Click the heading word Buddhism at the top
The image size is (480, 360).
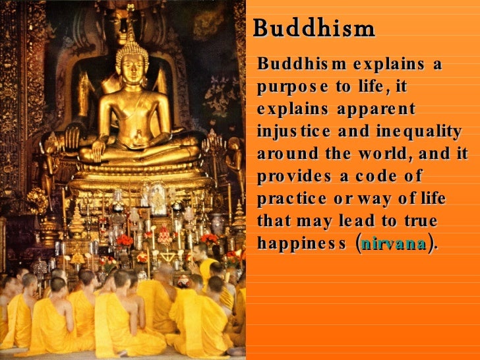coord(314,29)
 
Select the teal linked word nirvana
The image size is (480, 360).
coord(394,243)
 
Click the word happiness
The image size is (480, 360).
coord(300,243)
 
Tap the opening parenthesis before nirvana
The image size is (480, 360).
coord(357,243)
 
